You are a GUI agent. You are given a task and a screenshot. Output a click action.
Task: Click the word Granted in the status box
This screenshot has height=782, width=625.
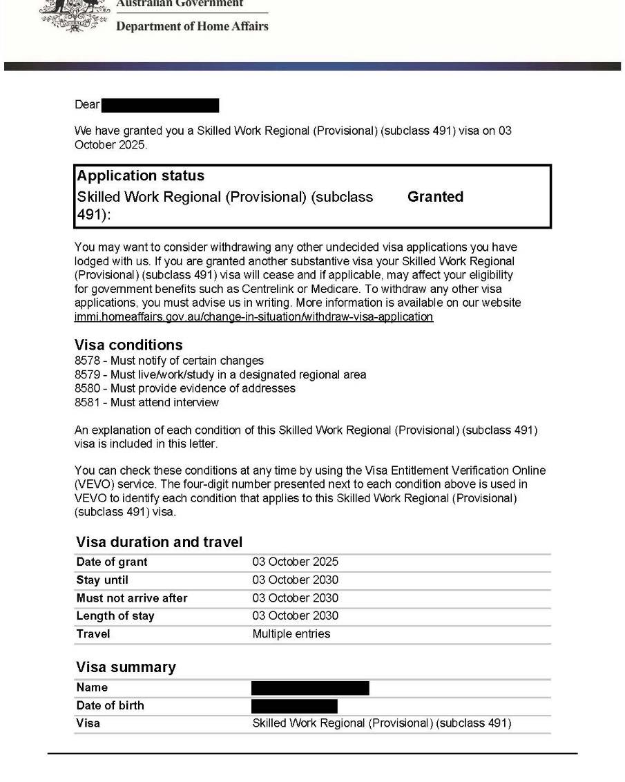click(x=435, y=197)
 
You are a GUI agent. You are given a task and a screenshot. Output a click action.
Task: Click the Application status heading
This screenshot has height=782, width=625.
click(x=140, y=175)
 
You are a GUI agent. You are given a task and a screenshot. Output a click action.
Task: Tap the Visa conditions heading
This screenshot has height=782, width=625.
click(x=128, y=345)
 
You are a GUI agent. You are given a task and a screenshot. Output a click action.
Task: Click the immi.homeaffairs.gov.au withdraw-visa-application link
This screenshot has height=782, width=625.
click(x=253, y=317)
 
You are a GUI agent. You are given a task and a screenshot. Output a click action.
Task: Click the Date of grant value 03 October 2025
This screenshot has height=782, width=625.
click(x=295, y=562)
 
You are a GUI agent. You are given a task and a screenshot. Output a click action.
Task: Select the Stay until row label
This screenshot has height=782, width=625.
click(x=102, y=580)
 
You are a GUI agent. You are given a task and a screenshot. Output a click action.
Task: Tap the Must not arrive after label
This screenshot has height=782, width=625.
click(x=132, y=598)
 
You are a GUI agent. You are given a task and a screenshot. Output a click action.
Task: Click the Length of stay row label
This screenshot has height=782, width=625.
click(x=115, y=616)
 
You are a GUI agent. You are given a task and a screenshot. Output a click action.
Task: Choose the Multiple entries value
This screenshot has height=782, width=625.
click(x=291, y=634)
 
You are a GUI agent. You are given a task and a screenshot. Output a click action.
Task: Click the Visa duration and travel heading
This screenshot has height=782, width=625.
click(x=159, y=542)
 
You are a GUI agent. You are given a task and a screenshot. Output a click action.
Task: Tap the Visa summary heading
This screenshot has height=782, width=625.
click(x=126, y=667)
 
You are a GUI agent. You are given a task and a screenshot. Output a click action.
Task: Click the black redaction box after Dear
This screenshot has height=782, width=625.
click(x=160, y=106)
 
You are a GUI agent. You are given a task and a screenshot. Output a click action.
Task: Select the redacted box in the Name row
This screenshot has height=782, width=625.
click(x=310, y=688)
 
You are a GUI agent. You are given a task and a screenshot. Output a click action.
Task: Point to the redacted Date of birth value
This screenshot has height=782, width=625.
click(x=294, y=706)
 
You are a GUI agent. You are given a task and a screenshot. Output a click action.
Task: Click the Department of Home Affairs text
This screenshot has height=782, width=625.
click(x=192, y=26)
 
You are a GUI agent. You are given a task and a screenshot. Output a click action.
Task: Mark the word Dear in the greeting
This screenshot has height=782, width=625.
click(x=87, y=106)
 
